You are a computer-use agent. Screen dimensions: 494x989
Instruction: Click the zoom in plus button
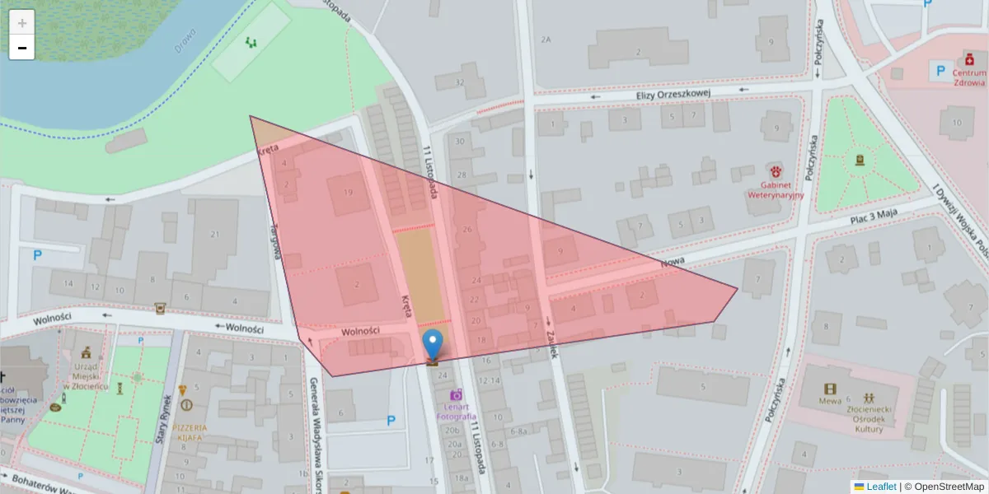(22, 23)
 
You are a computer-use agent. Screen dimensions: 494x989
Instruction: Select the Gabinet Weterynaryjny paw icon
(776, 170)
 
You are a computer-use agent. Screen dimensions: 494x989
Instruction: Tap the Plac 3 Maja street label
(873, 218)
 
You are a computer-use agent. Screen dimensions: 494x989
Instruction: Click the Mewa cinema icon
(831, 389)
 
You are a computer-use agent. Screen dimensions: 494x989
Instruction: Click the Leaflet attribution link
(881, 487)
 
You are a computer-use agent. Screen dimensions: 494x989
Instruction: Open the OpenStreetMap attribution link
(949, 487)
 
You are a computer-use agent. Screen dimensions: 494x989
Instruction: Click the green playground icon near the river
(251, 41)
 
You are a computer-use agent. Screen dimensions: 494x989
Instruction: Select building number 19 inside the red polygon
(349, 193)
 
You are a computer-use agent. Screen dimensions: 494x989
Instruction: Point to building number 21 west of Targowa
(215, 235)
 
